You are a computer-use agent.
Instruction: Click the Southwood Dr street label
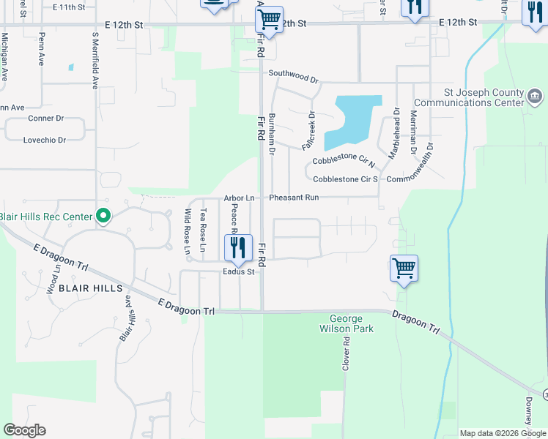(x=293, y=73)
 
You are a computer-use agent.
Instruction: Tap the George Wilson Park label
(x=352, y=324)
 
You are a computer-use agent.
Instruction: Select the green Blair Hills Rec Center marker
(x=103, y=216)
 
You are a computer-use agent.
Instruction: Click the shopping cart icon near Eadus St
(x=404, y=269)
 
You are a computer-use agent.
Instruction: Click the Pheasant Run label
(x=293, y=198)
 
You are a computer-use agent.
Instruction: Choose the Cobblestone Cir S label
(x=345, y=179)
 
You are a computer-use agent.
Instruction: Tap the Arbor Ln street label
(x=239, y=198)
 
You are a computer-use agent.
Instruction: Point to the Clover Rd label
(x=346, y=353)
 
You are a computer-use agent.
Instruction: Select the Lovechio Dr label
(x=44, y=140)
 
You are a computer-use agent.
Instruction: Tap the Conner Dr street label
(x=45, y=118)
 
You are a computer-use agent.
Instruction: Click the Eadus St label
(x=238, y=272)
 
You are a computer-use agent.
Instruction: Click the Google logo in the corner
(x=24, y=430)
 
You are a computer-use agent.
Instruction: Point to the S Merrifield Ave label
(x=95, y=60)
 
